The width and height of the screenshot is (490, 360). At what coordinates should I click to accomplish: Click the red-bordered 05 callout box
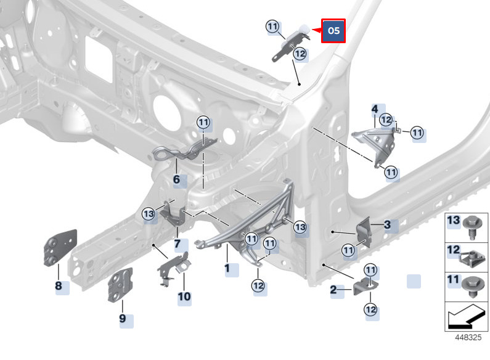click(333, 30)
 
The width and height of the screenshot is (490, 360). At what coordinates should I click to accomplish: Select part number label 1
click(227, 269)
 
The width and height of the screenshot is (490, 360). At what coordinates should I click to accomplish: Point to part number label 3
click(388, 225)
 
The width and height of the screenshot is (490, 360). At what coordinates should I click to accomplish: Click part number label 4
click(374, 109)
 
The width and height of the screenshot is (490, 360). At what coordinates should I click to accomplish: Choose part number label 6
click(176, 180)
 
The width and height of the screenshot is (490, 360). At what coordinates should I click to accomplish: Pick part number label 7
click(178, 243)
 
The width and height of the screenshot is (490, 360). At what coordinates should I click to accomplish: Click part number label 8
click(59, 286)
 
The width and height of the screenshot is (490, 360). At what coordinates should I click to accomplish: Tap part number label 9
click(123, 319)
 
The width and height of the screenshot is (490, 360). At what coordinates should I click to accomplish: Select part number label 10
click(184, 297)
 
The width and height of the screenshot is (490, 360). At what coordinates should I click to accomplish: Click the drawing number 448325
click(468, 338)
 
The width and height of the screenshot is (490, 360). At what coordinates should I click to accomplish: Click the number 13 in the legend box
click(453, 221)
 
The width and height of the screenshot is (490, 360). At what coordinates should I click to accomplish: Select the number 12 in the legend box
click(453, 251)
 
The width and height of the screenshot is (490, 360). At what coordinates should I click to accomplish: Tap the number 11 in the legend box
click(453, 280)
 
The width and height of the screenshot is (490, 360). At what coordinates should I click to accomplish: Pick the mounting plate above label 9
click(121, 284)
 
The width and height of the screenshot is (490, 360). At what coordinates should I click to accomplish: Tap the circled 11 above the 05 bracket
click(273, 27)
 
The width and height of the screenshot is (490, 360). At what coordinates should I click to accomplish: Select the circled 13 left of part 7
click(149, 213)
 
